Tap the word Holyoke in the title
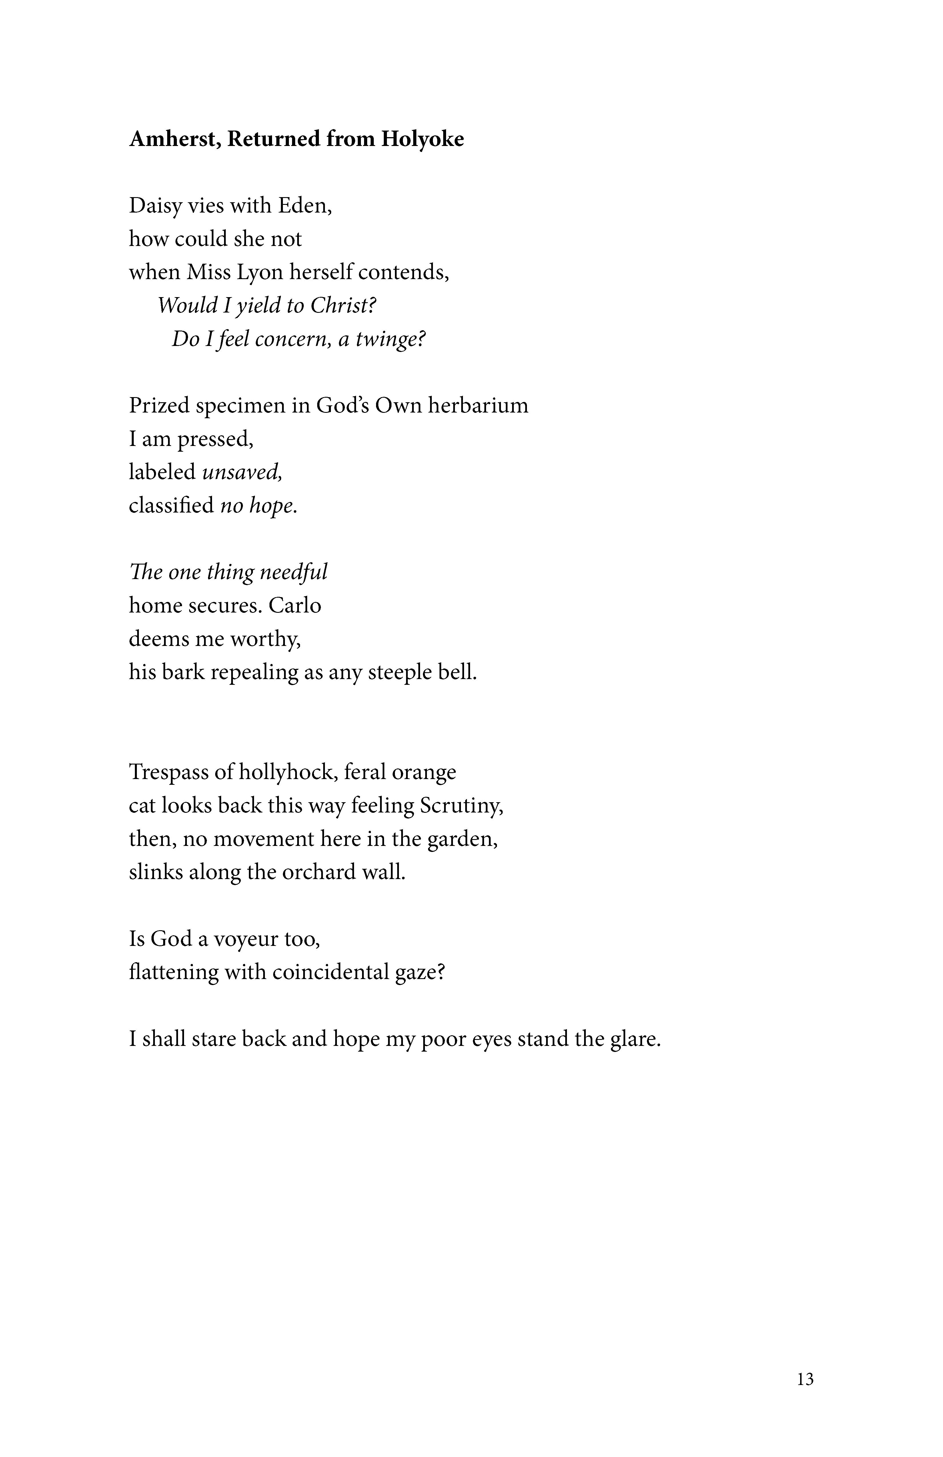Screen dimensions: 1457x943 (423, 140)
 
